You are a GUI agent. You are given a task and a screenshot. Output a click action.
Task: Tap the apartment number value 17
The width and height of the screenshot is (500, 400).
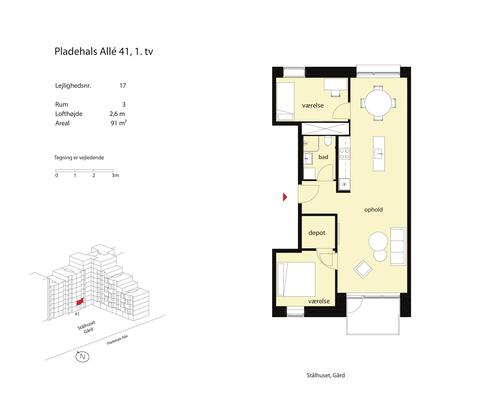point(123,87)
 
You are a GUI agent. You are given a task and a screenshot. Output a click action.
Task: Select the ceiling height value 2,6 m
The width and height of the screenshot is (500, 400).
point(119,115)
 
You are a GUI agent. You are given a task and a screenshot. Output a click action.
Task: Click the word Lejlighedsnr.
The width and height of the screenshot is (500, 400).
point(72,87)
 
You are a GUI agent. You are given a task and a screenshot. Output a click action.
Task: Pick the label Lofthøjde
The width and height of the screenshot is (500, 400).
point(68,115)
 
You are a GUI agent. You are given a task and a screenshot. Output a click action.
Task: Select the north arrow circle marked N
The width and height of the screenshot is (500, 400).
point(85,355)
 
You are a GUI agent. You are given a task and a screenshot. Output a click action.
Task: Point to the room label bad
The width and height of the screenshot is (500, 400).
point(324,158)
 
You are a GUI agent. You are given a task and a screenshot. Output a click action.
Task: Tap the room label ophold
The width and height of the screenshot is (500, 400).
point(374,209)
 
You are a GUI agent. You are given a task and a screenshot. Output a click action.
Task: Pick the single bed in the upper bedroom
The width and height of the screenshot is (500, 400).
point(285,102)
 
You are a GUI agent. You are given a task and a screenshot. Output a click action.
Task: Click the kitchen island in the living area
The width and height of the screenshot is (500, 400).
point(380,153)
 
